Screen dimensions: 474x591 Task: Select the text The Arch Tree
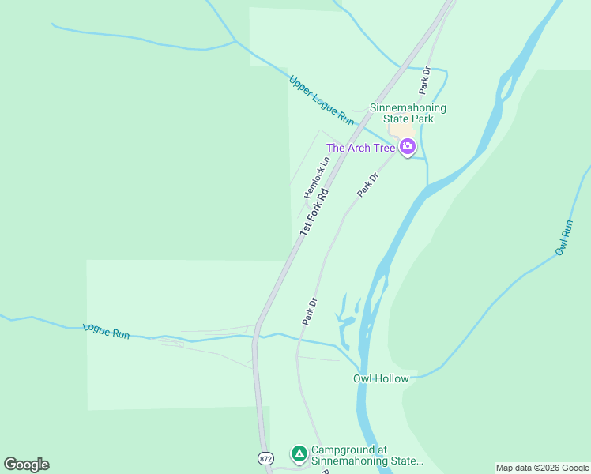[360, 148]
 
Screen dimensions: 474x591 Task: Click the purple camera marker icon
[408, 146]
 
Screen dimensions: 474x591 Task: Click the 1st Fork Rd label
[314, 211]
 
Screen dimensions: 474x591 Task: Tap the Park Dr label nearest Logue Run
[309, 311]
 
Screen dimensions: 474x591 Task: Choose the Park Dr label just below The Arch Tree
[368, 185]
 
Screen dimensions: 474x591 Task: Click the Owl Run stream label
[563, 237]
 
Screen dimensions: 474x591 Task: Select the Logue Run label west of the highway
[106, 331]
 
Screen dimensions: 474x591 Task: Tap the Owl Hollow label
[381, 378]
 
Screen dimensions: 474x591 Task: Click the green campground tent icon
[299, 453]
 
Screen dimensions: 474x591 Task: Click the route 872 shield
[265, 458]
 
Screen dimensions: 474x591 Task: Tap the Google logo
[26, 465]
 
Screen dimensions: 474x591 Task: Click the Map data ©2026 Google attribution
[542, 468]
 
